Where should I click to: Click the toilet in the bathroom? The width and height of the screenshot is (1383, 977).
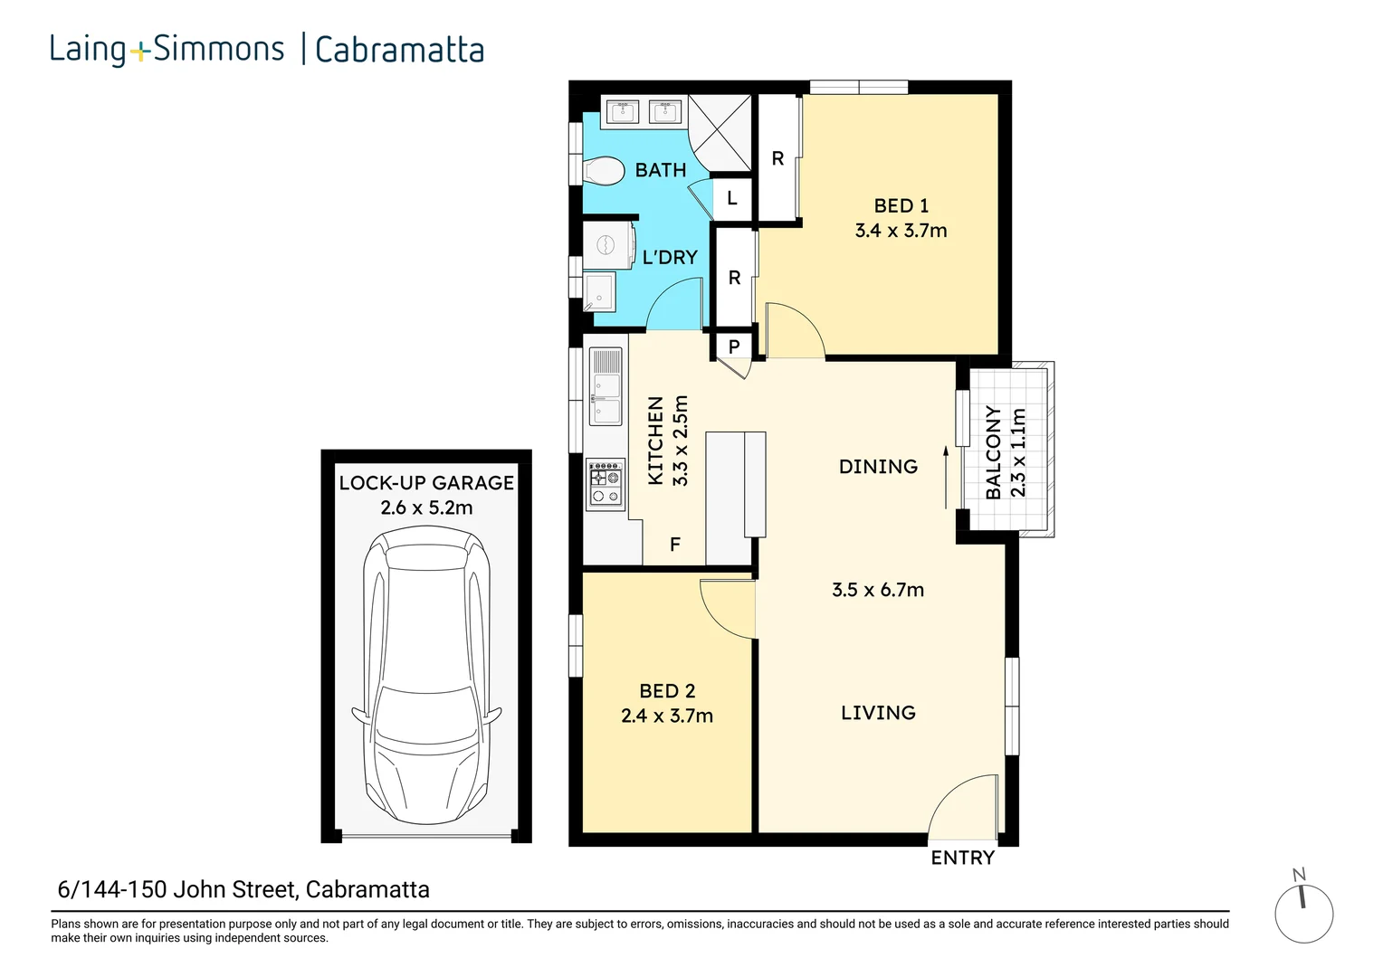click(604, 170)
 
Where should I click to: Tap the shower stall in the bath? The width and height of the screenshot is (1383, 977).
click(720, 133)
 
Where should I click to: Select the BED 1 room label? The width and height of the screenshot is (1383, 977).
click(901, 206)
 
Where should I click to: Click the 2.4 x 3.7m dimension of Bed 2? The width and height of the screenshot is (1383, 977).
click(667, 716)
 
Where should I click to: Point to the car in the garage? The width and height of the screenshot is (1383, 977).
click(426, 675)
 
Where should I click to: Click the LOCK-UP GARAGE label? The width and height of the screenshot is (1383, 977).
click(426, 483)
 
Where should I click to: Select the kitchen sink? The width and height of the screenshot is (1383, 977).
click(606, 386)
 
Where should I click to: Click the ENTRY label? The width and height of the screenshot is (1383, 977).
click(962, 858)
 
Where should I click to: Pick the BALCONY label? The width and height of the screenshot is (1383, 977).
click(994, 451)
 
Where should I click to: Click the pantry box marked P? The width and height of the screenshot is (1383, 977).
click(734, 346)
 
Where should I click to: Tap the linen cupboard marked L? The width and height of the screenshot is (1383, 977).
click(732, 197)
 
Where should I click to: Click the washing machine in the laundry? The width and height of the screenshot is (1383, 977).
click(606, 245)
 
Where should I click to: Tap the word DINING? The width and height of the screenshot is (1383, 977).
click(878, 467)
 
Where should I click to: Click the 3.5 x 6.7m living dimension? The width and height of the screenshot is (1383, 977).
click(878, 590)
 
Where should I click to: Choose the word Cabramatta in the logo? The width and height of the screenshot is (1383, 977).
click(399, 50)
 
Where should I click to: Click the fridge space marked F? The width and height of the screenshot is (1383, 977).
click(674, 545)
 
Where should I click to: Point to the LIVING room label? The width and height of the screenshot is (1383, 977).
click(878, 713)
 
